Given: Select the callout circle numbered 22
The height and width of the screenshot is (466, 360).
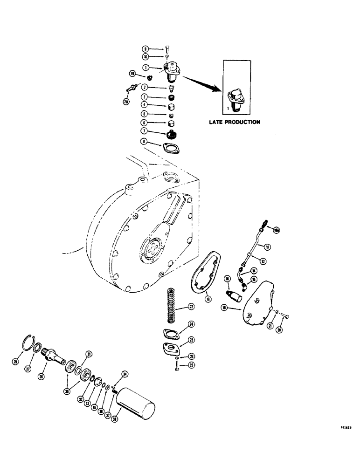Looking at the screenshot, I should pyautogui.click(x=191, y=306).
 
